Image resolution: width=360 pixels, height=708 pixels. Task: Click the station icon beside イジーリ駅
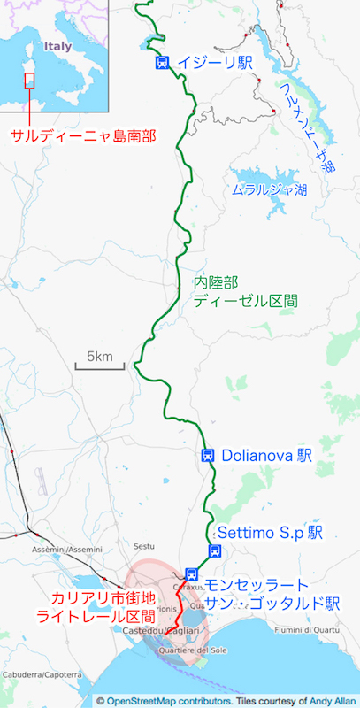(x=162, y=62)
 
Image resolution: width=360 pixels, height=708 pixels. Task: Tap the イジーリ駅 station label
(x=214, y=62)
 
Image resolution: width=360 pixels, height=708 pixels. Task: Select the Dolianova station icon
(x=207, y=456)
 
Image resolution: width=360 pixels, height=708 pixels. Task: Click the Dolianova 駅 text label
(x=266, y=456)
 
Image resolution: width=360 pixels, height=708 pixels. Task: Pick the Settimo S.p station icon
(x=214, y=550)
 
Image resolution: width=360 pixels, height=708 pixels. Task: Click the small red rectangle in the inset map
(x=29, y=80)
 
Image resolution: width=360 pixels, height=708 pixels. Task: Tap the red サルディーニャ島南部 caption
(x=83, y=135)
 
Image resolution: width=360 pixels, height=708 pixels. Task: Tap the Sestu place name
(x=142, y=534)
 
